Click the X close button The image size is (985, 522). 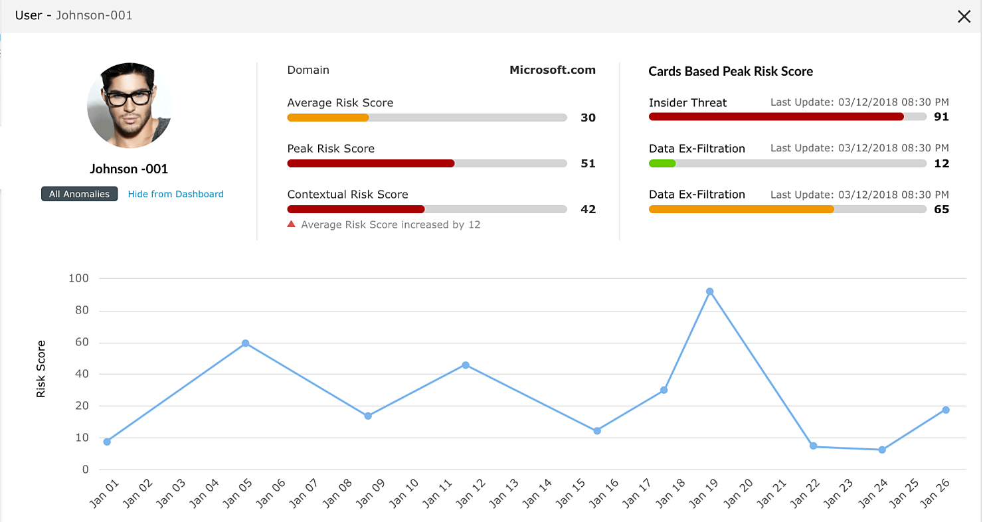pos(964,17)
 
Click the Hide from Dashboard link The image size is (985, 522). pos(175,195)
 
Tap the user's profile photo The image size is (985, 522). pos(130,105)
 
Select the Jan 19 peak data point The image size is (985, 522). pos(709,292)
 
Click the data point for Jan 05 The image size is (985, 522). pos(245,343)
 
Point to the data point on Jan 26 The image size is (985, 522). pos(946,410)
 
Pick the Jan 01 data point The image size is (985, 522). pos(107,442)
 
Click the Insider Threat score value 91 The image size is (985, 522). pos(941,118)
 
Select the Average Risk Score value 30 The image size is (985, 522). pos(588,118)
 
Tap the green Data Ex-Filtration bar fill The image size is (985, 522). pos(662,163)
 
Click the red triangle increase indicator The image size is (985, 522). pos(291,224)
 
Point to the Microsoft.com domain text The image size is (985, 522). pos(552,70)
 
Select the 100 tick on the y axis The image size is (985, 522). pos(78,279)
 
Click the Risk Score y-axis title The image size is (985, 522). pos(41,369)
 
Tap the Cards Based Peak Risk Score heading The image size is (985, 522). pos(731,72)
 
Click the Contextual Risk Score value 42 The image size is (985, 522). pos(588,210)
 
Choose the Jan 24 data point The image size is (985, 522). pos(882,450)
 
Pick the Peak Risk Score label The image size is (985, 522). pos(331,149)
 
